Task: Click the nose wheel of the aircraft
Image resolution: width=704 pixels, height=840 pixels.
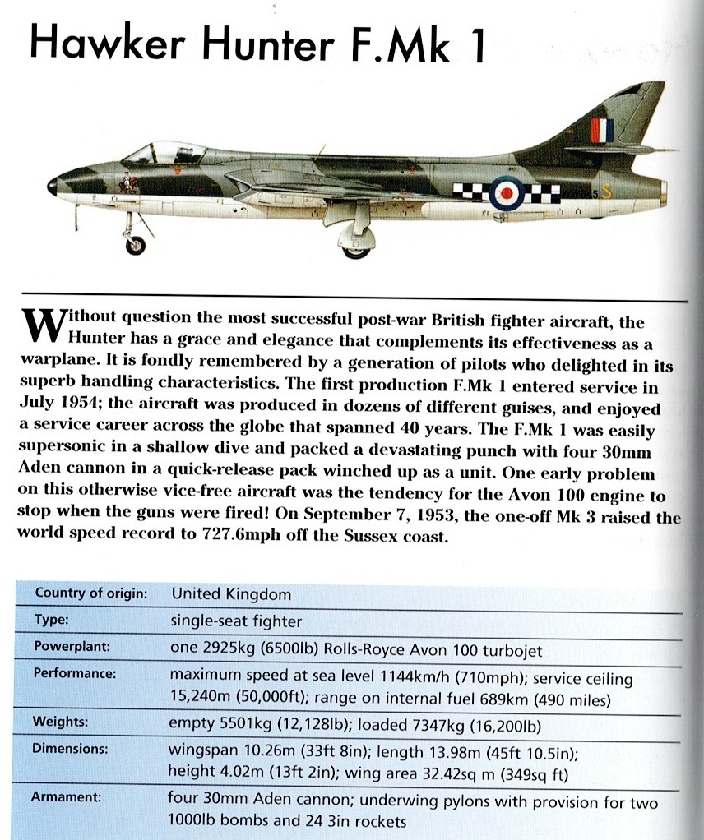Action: pyautogui.click(x=135, y=244)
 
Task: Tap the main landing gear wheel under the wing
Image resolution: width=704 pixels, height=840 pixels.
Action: pyautogui.click(x=357, y=246)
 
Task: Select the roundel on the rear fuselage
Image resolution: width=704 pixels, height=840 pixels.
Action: pyautogui.click(x=504, y=194)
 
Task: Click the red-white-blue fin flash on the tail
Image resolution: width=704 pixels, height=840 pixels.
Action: pyautogui.click(x=602, y=129)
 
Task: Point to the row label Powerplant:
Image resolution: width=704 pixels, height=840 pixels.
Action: pyautogui.click(x=72, y=647)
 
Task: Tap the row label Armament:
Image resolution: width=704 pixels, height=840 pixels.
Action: pyautogui.click(x=67, y=796)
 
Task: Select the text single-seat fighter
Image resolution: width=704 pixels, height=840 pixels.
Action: pyautogui.click(x=234, y=621)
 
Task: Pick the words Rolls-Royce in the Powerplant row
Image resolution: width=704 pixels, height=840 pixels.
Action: pyautogui.click(x=371, y=649)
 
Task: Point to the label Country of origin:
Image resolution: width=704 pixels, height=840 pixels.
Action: pyautogui.click(x=90, y=593)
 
